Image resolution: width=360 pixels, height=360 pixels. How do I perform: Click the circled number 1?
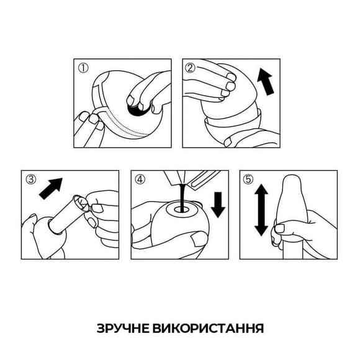pos(81,67)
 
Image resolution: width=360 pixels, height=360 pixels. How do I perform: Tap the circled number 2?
pos(191,67)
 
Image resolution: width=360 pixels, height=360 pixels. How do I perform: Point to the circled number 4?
pos(140,179)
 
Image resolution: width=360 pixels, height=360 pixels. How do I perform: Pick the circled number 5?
pos(249,179)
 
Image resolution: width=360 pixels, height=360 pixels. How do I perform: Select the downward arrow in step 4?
pos(218,204)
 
